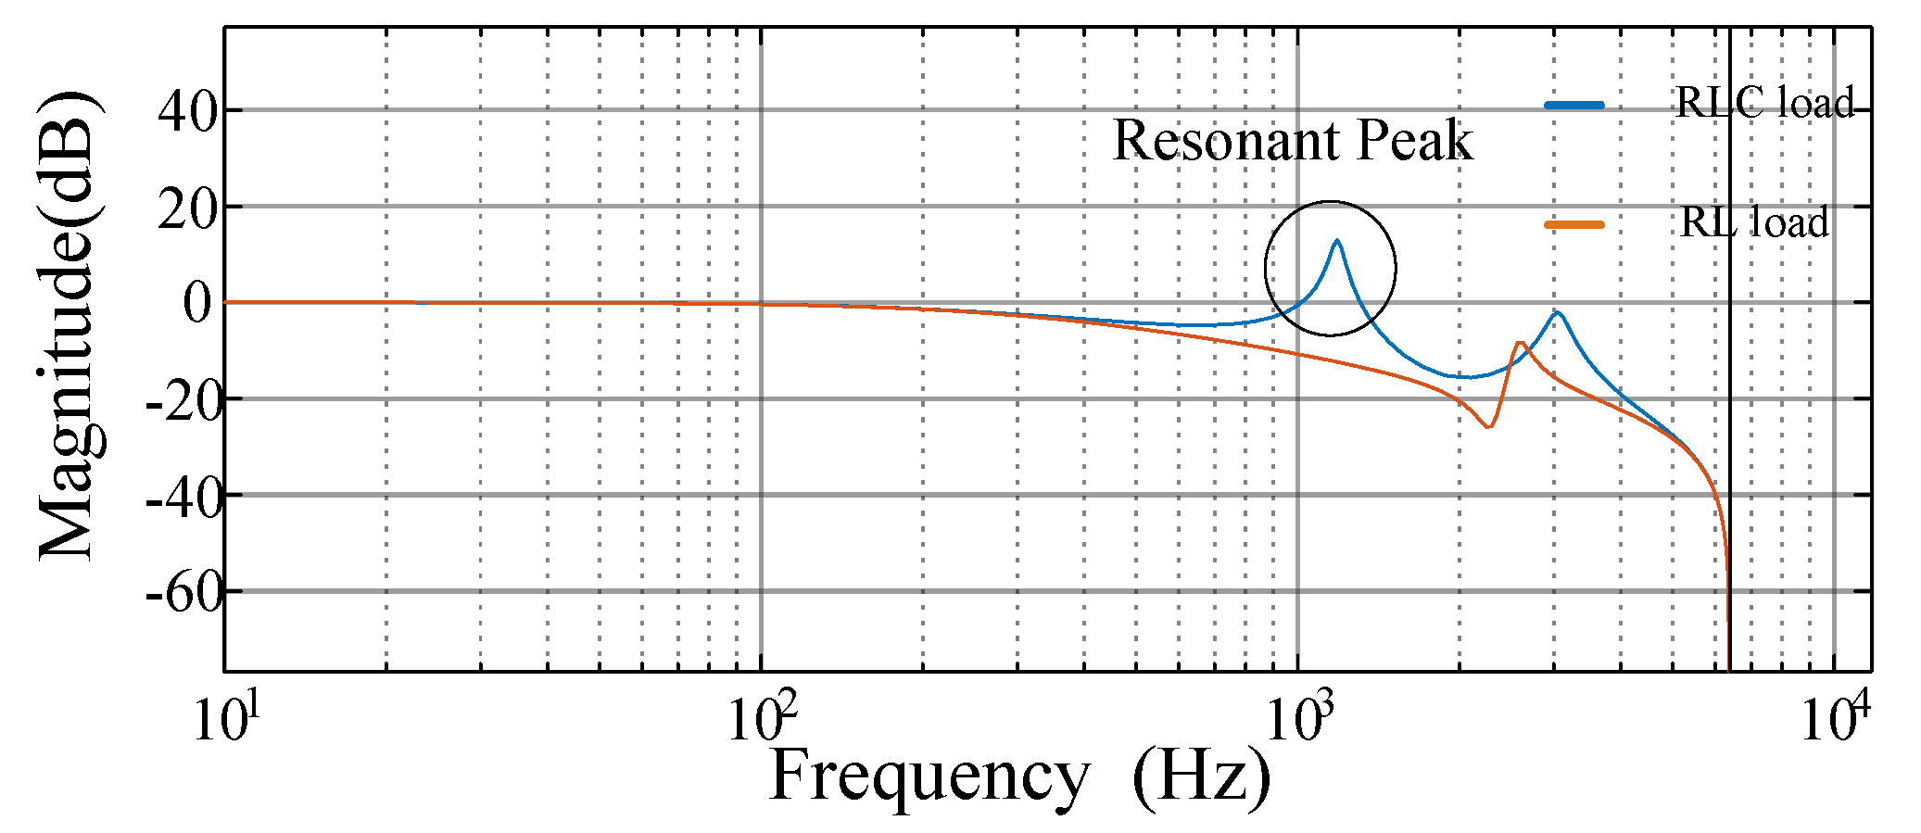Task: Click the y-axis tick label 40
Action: (187, 112)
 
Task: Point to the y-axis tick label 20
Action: (187, 208)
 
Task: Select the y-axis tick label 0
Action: (197, 303)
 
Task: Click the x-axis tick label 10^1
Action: (224, 718)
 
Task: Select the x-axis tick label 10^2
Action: (761, 718)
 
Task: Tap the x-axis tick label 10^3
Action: (1297, 718)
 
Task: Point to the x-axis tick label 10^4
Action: (1834, 718)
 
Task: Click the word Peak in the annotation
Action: (1414, 141)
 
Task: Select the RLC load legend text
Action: (1764, 102)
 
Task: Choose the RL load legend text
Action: (1754, 222)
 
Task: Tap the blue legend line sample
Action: (1573, 105)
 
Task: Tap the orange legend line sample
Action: (1573, 223)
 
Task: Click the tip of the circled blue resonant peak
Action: (1336, 241)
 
